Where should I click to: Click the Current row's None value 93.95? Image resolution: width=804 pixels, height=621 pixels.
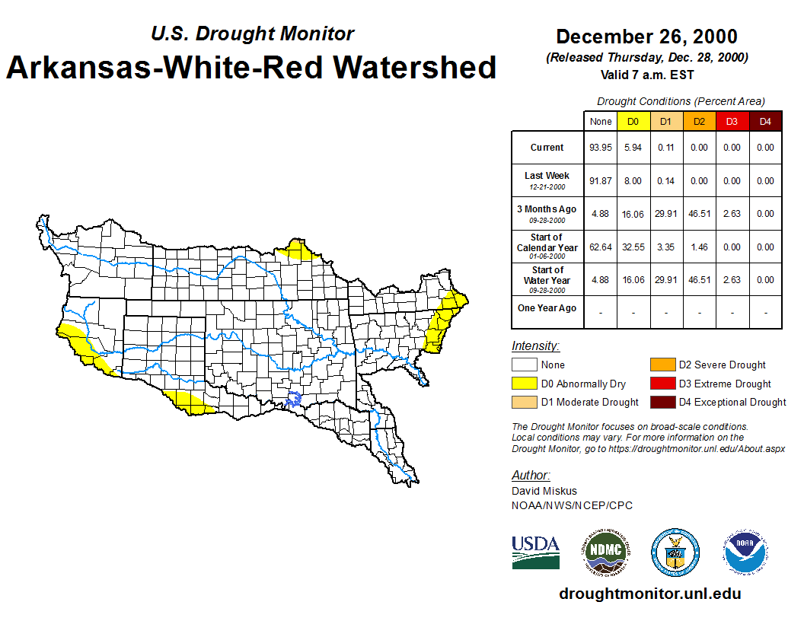601,148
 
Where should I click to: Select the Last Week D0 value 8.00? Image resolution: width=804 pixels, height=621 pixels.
633,181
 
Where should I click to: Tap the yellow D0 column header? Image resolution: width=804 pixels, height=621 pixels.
633,122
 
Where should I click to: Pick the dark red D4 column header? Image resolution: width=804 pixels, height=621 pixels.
765,122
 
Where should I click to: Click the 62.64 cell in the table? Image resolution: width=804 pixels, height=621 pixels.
601,247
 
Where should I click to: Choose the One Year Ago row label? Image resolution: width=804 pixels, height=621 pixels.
547,308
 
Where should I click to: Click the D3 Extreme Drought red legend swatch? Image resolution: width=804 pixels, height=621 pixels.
662,384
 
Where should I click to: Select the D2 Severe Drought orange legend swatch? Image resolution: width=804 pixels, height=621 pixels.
662,365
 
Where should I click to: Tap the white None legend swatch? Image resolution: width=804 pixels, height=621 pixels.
524,365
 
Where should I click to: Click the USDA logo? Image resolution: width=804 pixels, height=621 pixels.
535,551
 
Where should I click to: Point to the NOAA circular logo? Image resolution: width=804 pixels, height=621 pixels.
745,551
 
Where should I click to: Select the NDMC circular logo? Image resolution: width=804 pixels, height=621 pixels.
606,551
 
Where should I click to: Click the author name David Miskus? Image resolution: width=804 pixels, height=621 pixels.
544,491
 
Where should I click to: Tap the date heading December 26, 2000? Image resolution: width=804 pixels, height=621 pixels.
646,37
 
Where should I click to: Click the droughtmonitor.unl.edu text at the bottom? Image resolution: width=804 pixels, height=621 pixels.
649,594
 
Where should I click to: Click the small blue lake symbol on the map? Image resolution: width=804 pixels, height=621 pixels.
294,398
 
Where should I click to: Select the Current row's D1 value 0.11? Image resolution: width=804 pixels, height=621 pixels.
666,148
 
